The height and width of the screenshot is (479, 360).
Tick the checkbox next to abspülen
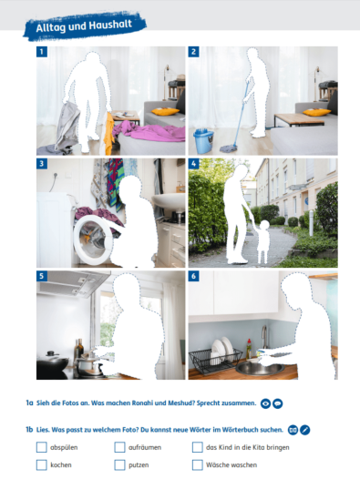point(41,447)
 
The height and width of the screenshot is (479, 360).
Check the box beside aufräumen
point(120,447)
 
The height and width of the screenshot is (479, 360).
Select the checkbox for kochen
point(41,464)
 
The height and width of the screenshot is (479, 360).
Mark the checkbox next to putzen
point(120,464)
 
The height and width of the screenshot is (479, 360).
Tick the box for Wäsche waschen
point(198,464)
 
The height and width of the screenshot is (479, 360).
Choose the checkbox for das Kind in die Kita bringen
point(198,447)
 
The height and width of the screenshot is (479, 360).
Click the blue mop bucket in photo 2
point(202,140)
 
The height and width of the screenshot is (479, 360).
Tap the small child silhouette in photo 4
point(263,243)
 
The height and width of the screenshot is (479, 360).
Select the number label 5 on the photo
point(42,276)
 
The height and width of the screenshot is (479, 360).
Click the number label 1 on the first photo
point(42,52)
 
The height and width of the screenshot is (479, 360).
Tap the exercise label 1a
point(29,402)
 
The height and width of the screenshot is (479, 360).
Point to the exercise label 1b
point(29,427)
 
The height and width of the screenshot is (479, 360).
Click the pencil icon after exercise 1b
point(306,427)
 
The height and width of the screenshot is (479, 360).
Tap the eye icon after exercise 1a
point(265,402)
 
